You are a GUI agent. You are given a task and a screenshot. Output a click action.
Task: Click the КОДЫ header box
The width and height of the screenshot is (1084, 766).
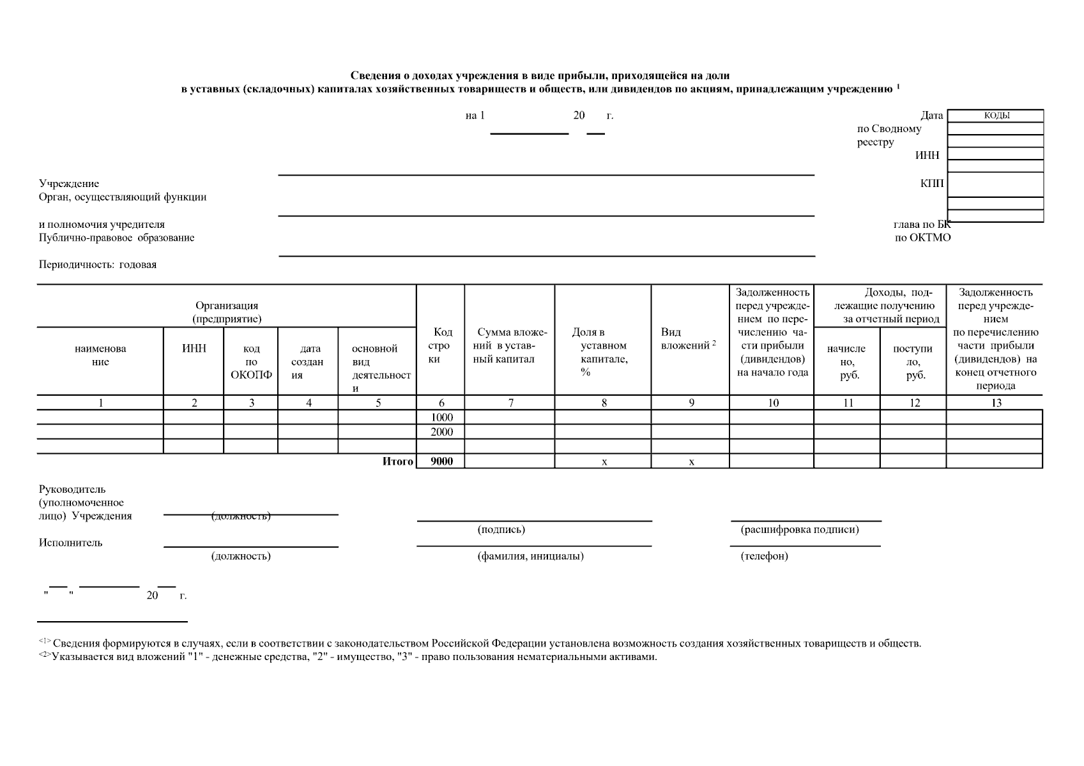click(x=996, y=116)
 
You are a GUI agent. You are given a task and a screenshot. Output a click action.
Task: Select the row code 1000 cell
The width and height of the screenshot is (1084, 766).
click(x=441, y=417)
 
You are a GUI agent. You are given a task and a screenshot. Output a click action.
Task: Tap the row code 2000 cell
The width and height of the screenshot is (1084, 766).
click(x=441, y=432)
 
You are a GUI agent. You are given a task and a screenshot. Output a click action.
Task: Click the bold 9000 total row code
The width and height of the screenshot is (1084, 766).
click(x=441, y=462)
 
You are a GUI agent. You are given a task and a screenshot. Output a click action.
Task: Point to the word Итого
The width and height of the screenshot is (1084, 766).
click(x=397, y=462)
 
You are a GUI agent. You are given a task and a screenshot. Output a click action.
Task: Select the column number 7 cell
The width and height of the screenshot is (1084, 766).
click(x=510, y=403)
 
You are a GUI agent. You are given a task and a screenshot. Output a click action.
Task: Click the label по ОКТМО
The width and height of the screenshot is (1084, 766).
click(x=922, y=237)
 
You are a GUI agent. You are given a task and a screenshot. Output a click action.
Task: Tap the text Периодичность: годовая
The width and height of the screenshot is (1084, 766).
click(x=98, y=264)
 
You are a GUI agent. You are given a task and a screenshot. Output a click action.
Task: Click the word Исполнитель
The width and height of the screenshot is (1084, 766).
click(x=70, y=543)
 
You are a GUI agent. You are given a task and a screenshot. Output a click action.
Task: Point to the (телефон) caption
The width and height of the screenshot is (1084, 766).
click(x=764, y=556)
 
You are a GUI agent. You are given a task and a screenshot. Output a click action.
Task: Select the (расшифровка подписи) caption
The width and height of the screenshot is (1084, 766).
click(x=799, y=529)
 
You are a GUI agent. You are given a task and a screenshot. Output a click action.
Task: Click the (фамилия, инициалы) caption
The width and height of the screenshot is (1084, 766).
click(x=530, y=556)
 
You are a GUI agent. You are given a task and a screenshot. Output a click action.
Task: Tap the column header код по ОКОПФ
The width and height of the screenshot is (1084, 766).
click(x=251, y=361)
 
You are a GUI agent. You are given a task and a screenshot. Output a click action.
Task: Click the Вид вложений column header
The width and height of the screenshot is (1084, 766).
click(x=687, y=339)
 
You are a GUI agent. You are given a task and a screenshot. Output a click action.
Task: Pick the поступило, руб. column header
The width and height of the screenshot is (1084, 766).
click(x=913, y=362)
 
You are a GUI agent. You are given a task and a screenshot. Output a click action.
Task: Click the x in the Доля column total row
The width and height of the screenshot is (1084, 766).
click(x=604, y=462)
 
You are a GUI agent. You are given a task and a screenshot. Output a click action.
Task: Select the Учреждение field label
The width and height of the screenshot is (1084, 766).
click(x=69, y=183)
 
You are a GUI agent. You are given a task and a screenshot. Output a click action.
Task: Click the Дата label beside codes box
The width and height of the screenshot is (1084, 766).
click(x=931, y=116)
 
